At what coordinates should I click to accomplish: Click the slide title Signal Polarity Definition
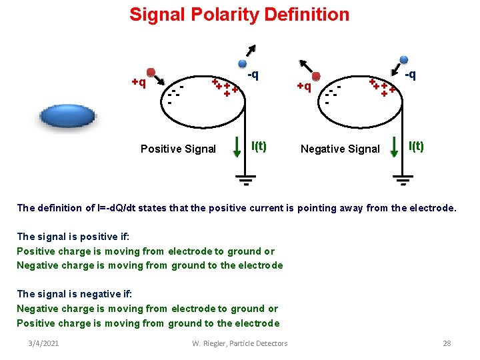pyautogui.click(x=239, y=15)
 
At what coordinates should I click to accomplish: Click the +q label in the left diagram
pyautogui.click(x=139, y=83)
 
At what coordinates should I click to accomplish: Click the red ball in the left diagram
pyautogui.click(x=151, y=72)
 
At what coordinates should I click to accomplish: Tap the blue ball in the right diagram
pyautogui.click(x=404, y=59)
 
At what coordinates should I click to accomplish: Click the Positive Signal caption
pyautogui.click(x=178, y=149)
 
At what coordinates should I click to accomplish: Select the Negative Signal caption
pyautogui.click(x=340, y=149)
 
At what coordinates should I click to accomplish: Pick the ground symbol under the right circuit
pyautogui.click(x=402, y=179)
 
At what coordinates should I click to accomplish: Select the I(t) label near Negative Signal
pyautogui.click(x=416, y=146)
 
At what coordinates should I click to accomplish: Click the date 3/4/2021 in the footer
pyautogui.click(x=43, y=343)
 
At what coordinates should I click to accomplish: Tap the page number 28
pyautogui.click(x=447, y=343)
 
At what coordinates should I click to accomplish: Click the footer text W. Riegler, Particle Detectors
pyautogui.click(x=240, y=343)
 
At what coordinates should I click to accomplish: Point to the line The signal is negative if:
pyautogui.click(x=75, y=294)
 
